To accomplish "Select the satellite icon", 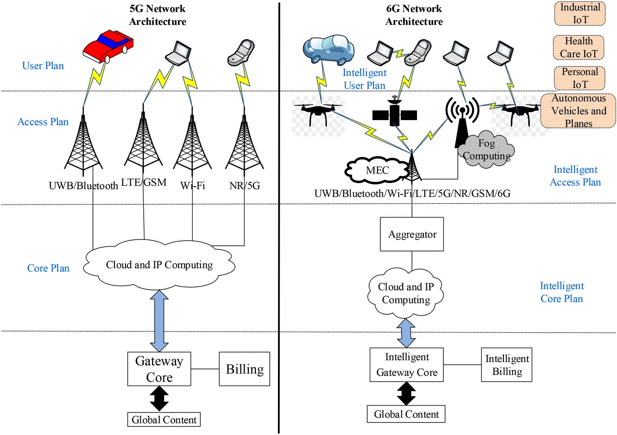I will tap(395, 114).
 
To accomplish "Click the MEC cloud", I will tap(377, 170).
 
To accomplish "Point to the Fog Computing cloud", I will tap(487, 150).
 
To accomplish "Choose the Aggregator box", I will tap(412, 234).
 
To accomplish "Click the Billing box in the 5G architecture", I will tap(244, 369).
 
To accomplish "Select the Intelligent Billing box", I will tap(506, 365).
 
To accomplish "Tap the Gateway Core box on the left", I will tap(159, 369).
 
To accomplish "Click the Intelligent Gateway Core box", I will tap(407, 365).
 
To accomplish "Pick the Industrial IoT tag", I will tap(580, 13).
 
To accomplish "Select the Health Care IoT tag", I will tap(579, 47).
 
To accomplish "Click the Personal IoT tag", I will tap(580, 78).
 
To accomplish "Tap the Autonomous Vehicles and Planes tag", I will tap(578, 111).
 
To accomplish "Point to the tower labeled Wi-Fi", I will tap(192, 144).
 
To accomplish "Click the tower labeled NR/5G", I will tap(244, 144).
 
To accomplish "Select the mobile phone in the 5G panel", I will tap(241, 52).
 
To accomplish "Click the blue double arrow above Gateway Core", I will tap(159, 321).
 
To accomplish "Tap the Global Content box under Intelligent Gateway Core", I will tap(406, 414).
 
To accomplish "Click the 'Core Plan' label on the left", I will tap(48, 268).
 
